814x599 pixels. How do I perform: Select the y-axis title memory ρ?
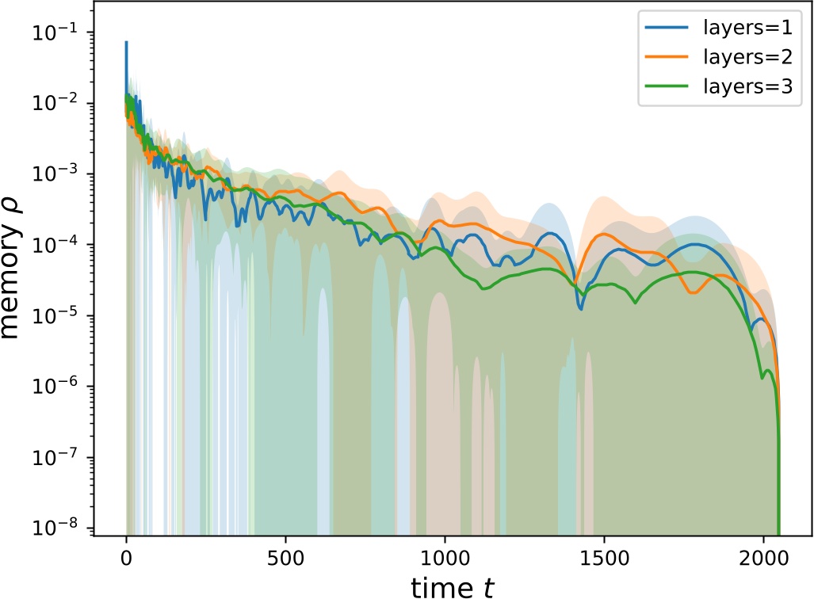17,281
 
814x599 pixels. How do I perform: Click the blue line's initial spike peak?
126,42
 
